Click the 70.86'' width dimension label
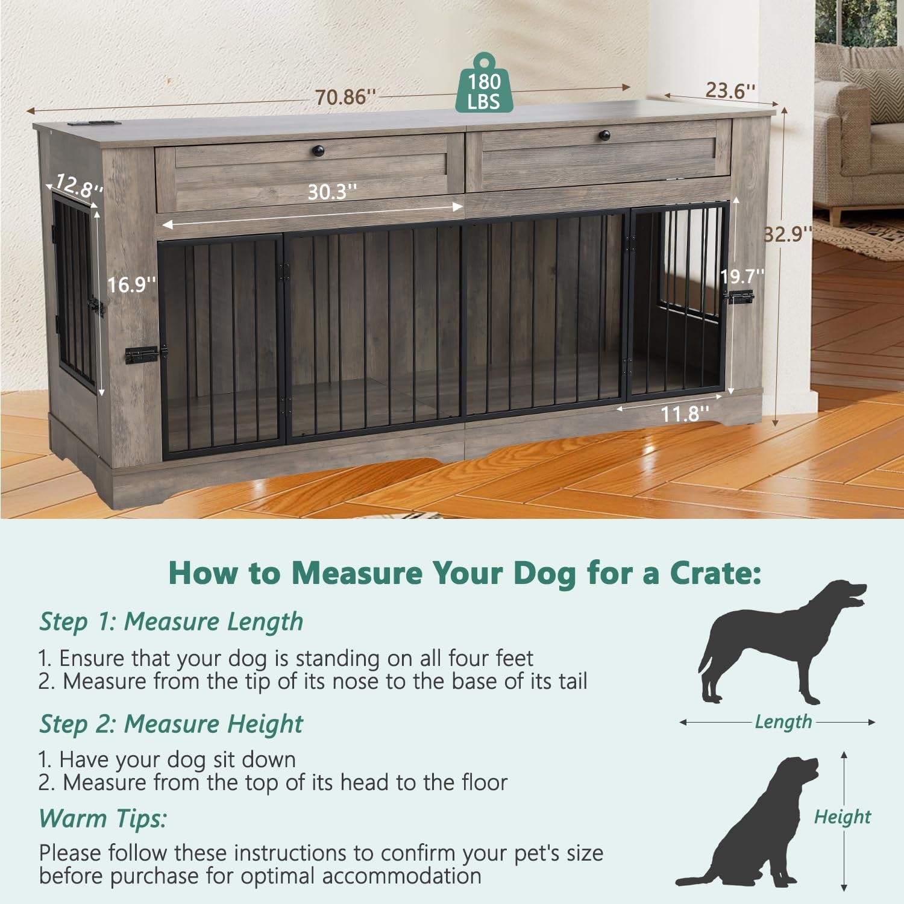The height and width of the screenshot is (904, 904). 345,96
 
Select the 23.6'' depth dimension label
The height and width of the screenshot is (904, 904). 730,90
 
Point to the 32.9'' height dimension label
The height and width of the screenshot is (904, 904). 788,233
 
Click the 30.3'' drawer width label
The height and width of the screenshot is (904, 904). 332,192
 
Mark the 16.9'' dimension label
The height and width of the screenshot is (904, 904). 131,284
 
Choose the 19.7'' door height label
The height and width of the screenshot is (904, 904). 742,276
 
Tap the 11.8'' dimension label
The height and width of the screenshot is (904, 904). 685,414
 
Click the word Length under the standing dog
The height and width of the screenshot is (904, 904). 783,721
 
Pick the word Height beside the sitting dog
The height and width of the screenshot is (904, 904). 842,817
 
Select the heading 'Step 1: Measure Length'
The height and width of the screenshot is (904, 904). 171,622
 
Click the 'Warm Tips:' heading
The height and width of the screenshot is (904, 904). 102,818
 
